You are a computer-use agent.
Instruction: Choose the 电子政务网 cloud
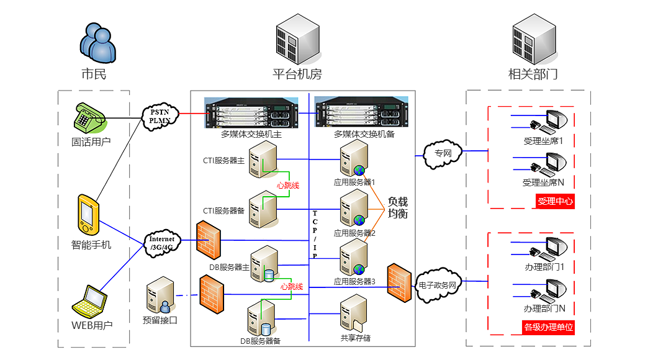437,286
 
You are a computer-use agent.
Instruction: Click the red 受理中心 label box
555,201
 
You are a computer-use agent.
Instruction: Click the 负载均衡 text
398,207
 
